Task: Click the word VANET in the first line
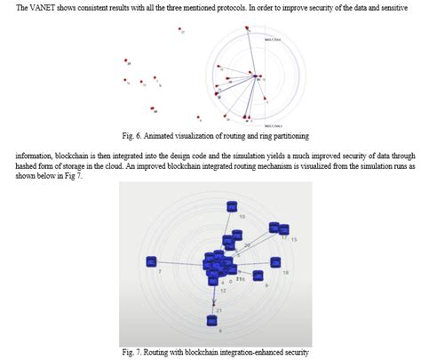coord(43,8)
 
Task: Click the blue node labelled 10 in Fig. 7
coord(232,207)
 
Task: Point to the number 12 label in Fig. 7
coord(222,291)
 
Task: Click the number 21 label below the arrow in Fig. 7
coord(218,310)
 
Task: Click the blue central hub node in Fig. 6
coord(256,77)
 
